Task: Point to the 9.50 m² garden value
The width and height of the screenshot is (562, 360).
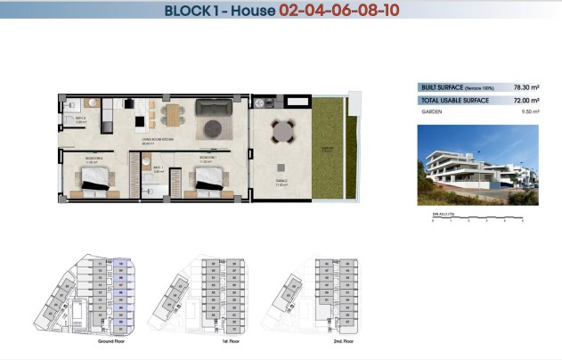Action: pyautogui.click(x=526, y=113)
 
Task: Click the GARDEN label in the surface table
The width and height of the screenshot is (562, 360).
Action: pyautogui.click(x=433, y=113)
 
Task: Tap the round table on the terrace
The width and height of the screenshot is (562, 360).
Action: pyautogui.click(x=282, y=132)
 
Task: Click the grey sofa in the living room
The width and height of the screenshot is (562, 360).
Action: pyautogui.click(x=214, y=110)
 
